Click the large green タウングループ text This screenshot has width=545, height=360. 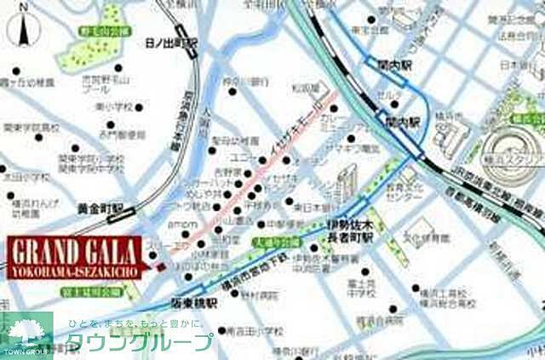[x=140, y=342]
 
